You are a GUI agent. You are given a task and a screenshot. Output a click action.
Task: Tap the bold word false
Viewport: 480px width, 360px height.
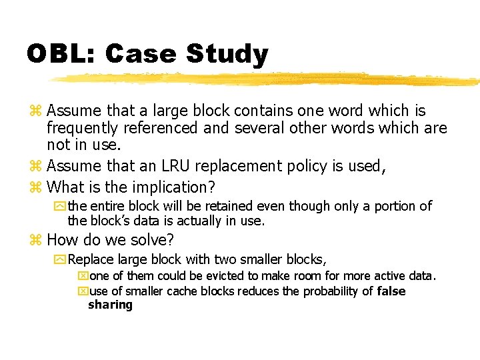tap(391, 291)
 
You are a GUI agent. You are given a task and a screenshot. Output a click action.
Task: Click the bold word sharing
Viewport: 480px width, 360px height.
tap(110, 305)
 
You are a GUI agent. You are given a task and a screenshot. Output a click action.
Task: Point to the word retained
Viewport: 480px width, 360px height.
tap(225, 207)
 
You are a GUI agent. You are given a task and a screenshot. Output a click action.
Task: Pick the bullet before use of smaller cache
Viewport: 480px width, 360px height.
tap(83, 292)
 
